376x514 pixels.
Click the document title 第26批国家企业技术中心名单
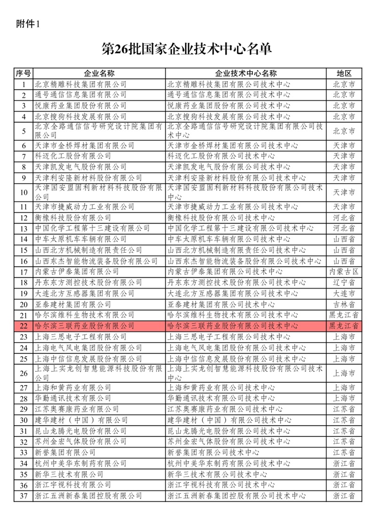coord(187,48)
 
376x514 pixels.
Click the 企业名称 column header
coord(99,74)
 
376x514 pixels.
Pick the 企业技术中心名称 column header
coord(246,74)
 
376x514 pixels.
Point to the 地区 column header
coord(344,74)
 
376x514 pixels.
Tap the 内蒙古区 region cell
coord(344,272)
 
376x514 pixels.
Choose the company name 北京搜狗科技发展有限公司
coord(81,116)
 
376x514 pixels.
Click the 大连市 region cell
coord(344,293)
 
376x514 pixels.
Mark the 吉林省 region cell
coord(344,304)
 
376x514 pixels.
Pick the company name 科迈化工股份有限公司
coord(74,156)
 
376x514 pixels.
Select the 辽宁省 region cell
coord(344,282)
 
